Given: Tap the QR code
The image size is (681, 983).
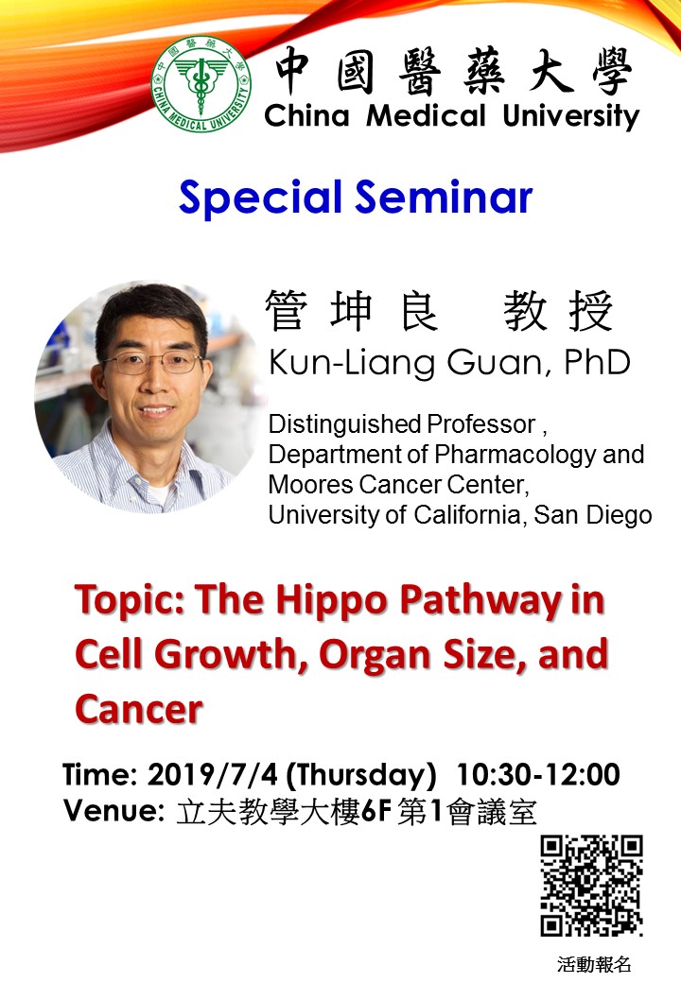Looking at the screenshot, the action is click(592, 886).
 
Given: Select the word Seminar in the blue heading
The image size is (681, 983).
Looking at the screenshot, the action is click(444, 197).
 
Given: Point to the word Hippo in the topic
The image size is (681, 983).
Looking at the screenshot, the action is click(332, 600).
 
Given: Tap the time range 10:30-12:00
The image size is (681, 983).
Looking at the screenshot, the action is click(538, 774).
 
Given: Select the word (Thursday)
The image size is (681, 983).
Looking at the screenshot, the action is click(361, 776).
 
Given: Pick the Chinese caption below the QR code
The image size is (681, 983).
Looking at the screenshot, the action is click(594, 964).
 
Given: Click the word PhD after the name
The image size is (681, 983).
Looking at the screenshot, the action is click(597, 362).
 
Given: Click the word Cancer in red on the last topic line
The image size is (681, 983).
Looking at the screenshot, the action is click(139, 709).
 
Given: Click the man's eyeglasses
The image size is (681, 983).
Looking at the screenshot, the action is click(152, 362).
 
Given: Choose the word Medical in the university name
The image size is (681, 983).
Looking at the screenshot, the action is click(426, 116).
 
